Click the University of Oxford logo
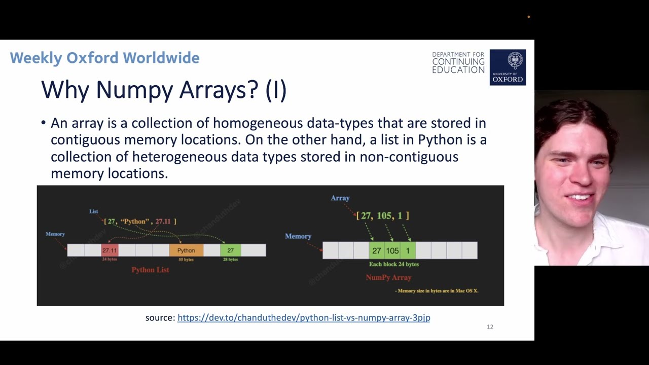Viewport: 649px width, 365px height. (x=508, y=67)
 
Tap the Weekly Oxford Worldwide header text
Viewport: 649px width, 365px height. (x=104, y=58)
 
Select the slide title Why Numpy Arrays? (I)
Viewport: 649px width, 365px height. (x=164, y=90)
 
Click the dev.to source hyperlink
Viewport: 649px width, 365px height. (x=304, y=318)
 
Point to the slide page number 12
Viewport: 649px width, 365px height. (x=490, y=327)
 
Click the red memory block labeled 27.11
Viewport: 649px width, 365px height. (x=110, y=250)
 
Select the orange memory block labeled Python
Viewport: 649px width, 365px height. (x=186, y=250)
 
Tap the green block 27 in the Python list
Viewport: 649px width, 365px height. (x=231, y=250)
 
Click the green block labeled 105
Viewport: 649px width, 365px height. (x=392, y=250)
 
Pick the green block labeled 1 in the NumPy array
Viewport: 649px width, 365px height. (x=408, y=250)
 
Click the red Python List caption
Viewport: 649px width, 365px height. (x=150, y=270)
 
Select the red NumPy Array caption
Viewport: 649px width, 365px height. (x=388, y=277)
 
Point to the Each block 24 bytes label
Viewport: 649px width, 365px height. (x=394, y=264)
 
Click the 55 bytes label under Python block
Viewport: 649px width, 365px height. (x=186, y=260)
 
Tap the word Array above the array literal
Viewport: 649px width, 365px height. (x=340, y=198)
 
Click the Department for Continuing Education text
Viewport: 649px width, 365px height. (x=458, y=62)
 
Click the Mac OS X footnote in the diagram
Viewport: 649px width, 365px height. (x=438, y=291)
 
